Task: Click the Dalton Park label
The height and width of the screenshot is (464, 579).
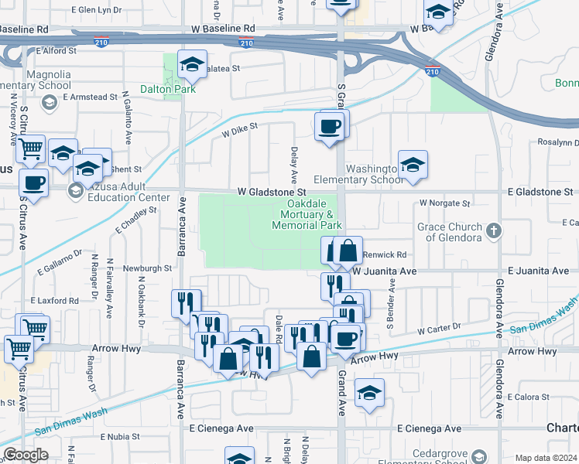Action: pyautogui.click(x=168, y=89)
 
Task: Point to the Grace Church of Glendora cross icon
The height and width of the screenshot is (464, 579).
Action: pyautogui.click(x=492, y=229)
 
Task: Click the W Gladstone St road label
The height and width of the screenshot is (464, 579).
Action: pyautogui.click(x=272, y=191)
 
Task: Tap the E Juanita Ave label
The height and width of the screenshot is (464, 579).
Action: pyautogui.click(x=540, y=271)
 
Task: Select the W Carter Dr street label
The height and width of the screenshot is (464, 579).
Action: pyautogui.click(x=439, y=329)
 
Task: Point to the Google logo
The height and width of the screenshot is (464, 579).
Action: pyautogui.click(x=26, y=455)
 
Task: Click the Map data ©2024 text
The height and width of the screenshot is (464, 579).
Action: pyautogui.click(x=546, y=458)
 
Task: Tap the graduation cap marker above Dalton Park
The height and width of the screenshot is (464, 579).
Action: pyautogui.click(x=192, y=66)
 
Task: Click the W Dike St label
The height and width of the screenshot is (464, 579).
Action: pyautogui.click(x=239, y=129)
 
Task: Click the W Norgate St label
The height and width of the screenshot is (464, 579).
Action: pyautogui.click(x=445, y=203)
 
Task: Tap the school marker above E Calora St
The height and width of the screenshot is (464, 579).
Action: pyautogui.click(x=370, y=392)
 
